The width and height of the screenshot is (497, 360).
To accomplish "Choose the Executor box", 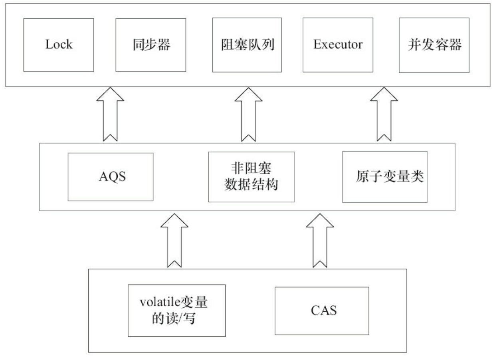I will (338, 44).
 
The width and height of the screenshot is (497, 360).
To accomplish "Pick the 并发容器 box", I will (434, 44).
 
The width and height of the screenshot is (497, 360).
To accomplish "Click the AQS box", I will (111, 176).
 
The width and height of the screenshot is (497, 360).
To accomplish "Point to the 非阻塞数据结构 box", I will (251, 176).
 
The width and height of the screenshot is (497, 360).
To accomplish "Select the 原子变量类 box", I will (385, 176).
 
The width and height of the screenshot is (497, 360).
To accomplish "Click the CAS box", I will (322, 310).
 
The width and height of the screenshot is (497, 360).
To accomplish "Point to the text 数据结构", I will (251, 186).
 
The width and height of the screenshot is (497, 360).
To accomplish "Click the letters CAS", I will (322, 310).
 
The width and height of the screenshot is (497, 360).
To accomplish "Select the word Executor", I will (338, 44).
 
